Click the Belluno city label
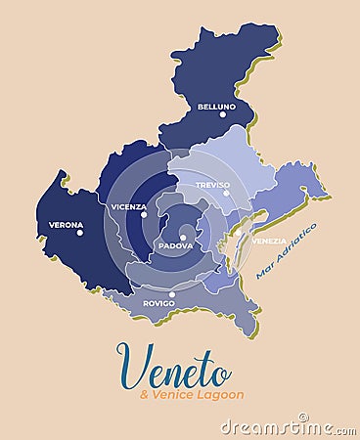click(x=216, y=106)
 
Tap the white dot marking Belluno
click(x=222, y=114)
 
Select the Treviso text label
click(x=212, y=184)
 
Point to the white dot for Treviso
click(x=226, y=193)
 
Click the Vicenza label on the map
click(x=128, y=206)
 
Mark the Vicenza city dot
click(x=143, y=214)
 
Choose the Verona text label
click(x=66, y=224)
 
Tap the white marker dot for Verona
click(x=80, y=233)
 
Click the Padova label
click(x=175, y=245)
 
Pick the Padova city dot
click(x=183, y=237)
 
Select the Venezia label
click(x=269, y=241)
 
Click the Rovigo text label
click(x=158, y=303)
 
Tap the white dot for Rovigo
click(x=172, y=294)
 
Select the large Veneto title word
click(x=174, y=368)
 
